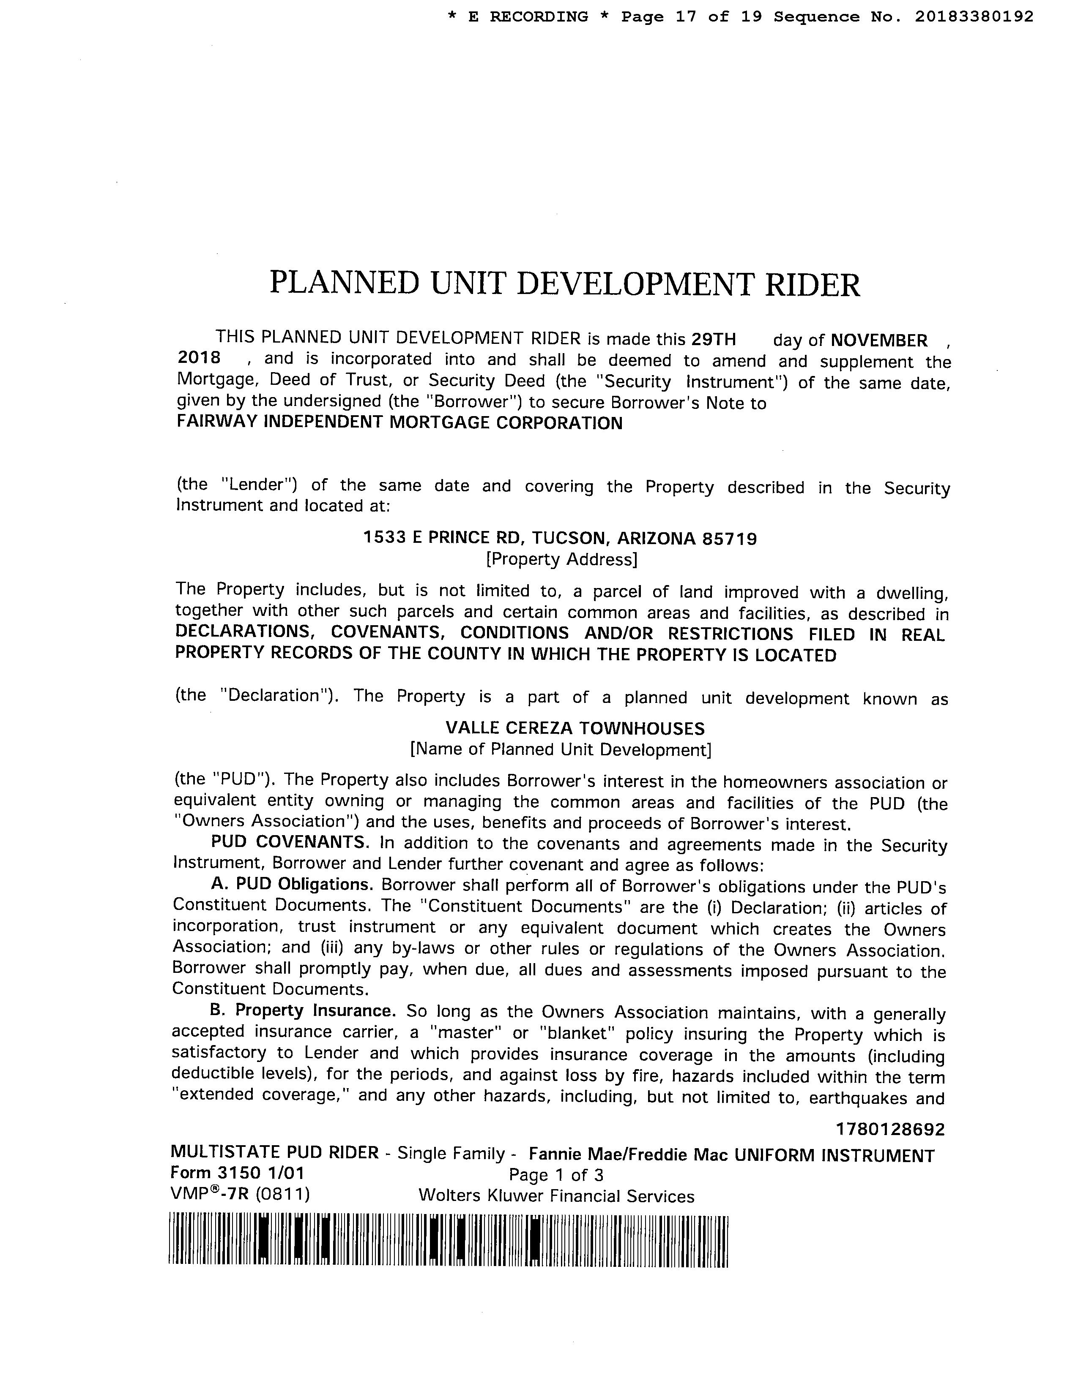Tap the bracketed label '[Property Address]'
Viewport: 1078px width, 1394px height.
coord(561,560)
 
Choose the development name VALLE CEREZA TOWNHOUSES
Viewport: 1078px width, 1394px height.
coord(575,728)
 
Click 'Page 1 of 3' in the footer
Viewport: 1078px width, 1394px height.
coord(555,1175)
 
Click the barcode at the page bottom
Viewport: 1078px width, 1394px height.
coord(448,1240)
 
